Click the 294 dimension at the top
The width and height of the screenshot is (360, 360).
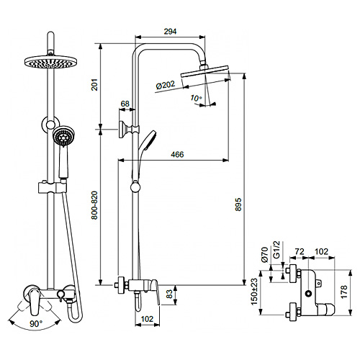pos(171,32)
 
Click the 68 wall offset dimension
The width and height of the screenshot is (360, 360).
pos(125,104)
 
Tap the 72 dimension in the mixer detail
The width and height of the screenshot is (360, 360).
pos(300,252)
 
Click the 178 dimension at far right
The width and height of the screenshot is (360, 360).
pos(343,291)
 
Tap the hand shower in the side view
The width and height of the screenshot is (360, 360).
pos(146,140)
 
